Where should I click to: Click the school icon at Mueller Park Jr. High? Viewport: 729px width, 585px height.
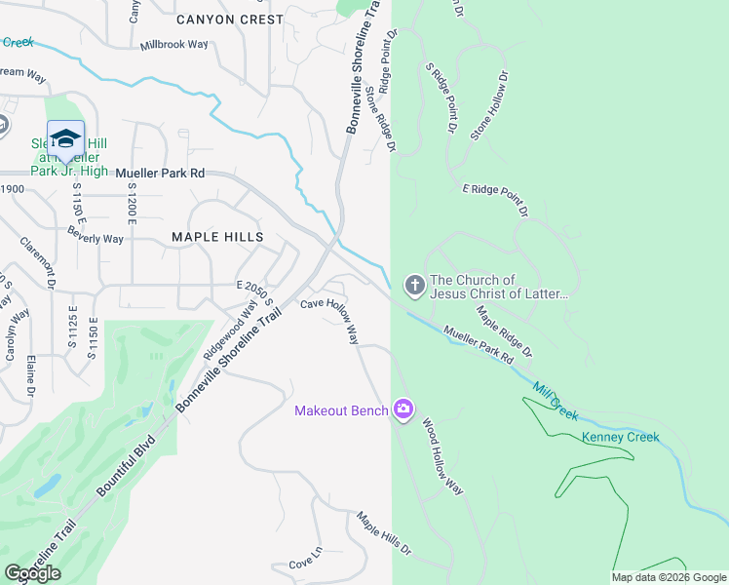tap(65, 137)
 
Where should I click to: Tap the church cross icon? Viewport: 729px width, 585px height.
tap(414, 286)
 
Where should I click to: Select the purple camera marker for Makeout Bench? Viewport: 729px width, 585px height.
tap(403, 409)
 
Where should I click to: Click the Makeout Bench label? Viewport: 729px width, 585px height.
tap(342, 409)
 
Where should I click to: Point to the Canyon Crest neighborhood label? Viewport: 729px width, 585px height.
tap(230, 19)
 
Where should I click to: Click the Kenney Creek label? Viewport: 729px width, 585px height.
tap(621, 437)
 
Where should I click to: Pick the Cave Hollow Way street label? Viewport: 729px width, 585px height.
tap(330, 320)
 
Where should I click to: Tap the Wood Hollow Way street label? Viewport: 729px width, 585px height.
tap(441, 457)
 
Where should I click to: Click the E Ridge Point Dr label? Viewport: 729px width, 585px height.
tap(494, 199)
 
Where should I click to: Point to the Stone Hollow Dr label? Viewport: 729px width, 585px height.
tap(489, 105)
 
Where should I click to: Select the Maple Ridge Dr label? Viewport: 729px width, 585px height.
tap(504, 331)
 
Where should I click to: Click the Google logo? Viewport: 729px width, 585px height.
tap(33, 573)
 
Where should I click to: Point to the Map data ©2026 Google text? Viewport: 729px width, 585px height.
tap(668, 577)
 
